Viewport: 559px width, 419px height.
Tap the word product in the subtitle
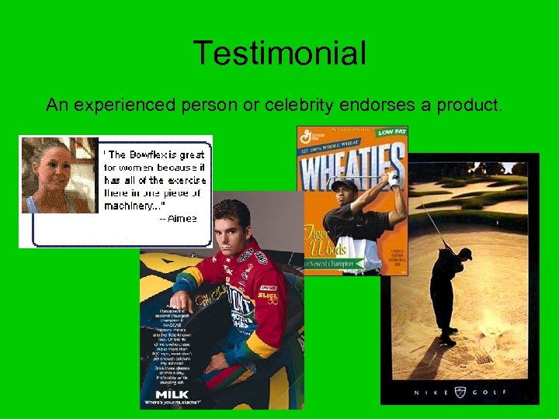(x=467, y=105)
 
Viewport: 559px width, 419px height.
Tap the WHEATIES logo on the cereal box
(x=352, y=165)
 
